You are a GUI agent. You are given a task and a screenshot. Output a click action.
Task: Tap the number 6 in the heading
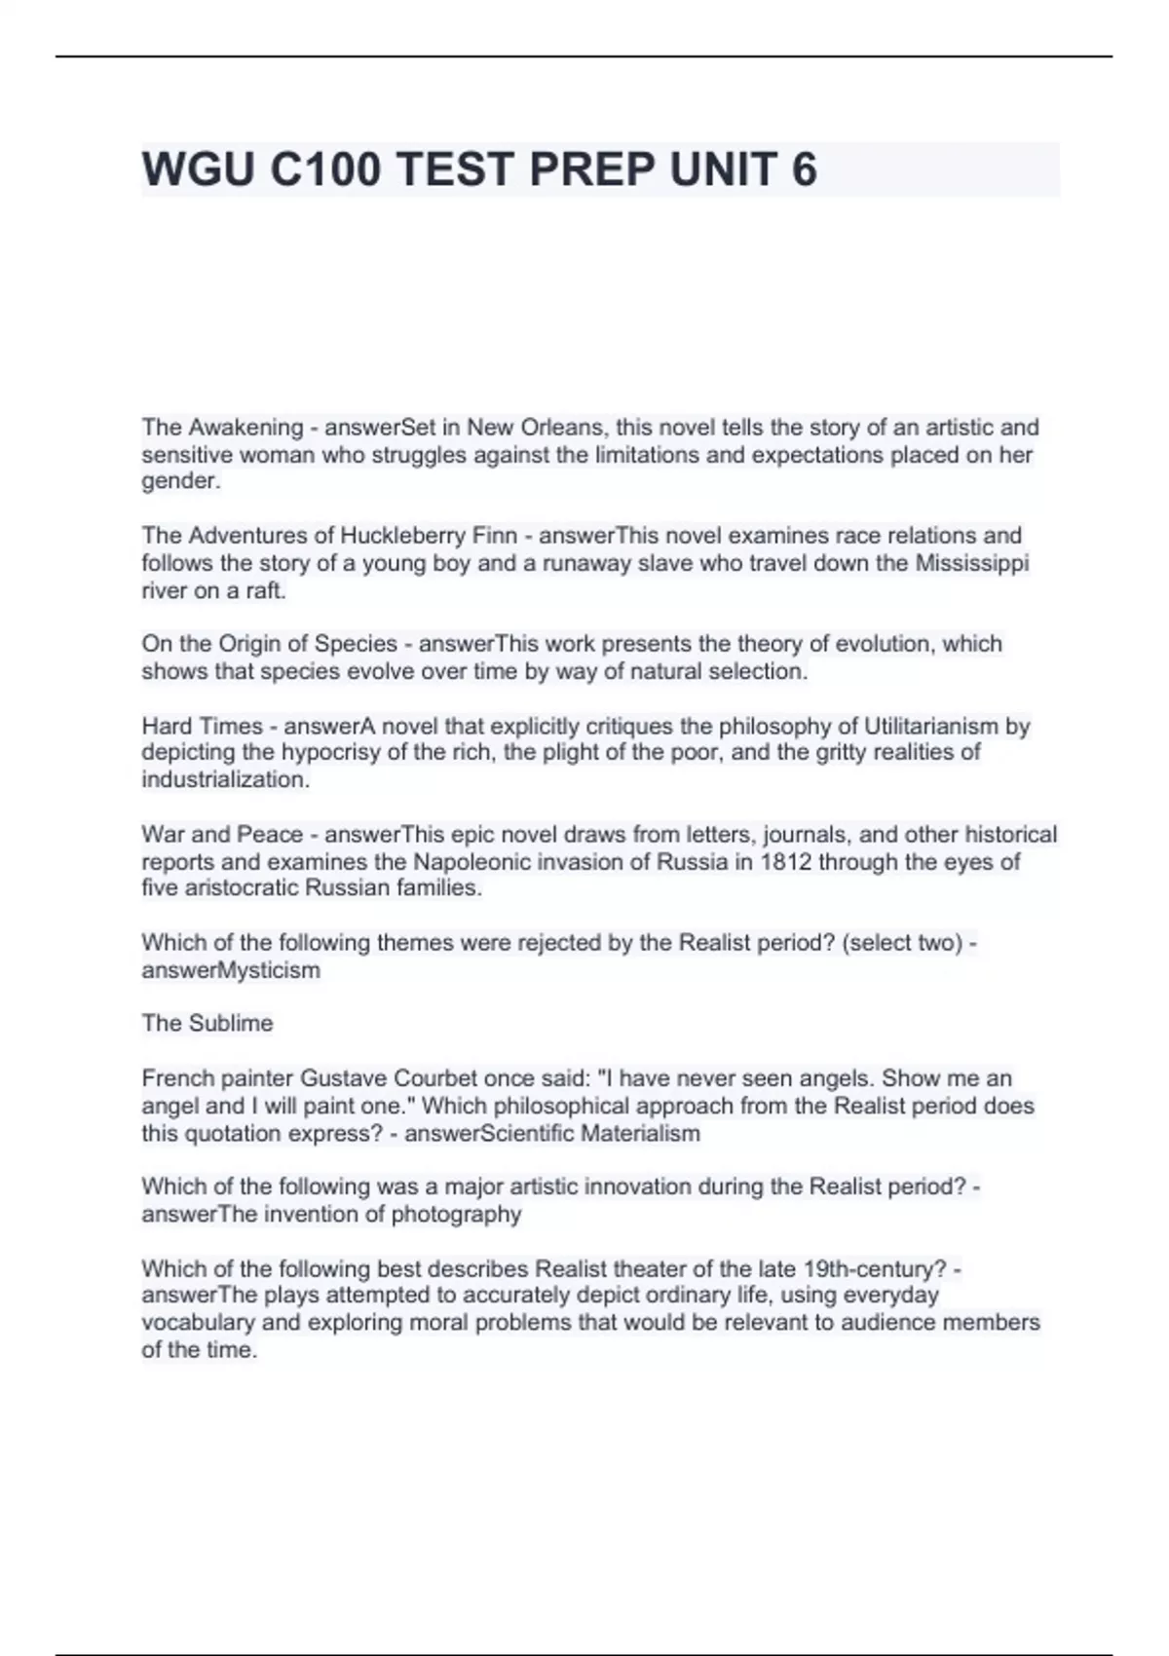804,169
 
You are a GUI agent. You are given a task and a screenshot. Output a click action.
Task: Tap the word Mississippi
971,563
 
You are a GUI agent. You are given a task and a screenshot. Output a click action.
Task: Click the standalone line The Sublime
207,1023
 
